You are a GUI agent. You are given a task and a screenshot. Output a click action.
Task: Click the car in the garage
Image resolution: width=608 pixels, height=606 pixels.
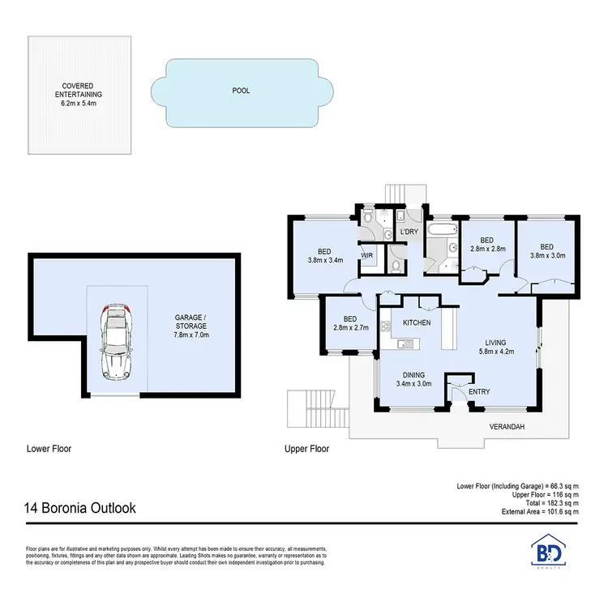[x=117, y=343]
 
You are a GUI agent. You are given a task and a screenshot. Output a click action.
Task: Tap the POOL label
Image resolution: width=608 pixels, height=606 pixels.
[x=241, y=91]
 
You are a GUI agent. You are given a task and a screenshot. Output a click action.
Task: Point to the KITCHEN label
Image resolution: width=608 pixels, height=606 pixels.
[x=417, y=322]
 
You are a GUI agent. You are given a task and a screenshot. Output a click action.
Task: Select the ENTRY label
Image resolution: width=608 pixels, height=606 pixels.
[x=479, y=392]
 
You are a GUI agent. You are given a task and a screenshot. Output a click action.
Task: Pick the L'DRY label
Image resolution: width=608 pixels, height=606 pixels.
[x=409, y=233]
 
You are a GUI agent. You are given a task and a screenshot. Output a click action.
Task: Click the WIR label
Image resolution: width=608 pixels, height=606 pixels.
[x=366, y=254]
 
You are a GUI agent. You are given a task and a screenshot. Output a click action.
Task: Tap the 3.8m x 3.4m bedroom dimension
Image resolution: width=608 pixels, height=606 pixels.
[x=326, y=261]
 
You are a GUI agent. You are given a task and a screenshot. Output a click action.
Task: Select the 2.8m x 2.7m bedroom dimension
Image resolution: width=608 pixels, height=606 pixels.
[x=350, y=328]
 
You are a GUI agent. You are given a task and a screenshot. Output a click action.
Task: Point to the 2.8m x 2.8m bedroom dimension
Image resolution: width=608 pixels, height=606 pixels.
[x=487, y=250]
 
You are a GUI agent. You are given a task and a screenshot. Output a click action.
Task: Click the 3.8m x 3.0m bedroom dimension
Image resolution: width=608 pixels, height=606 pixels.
[x=547, y=256]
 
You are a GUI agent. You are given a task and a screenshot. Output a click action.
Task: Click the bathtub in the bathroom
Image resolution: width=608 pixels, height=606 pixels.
[x=441, y=231]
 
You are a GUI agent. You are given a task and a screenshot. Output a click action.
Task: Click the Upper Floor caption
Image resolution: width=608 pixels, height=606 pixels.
[x=306, y=448]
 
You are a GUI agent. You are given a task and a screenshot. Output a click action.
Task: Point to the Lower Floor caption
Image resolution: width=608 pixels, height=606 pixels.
[x=50, y=448]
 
